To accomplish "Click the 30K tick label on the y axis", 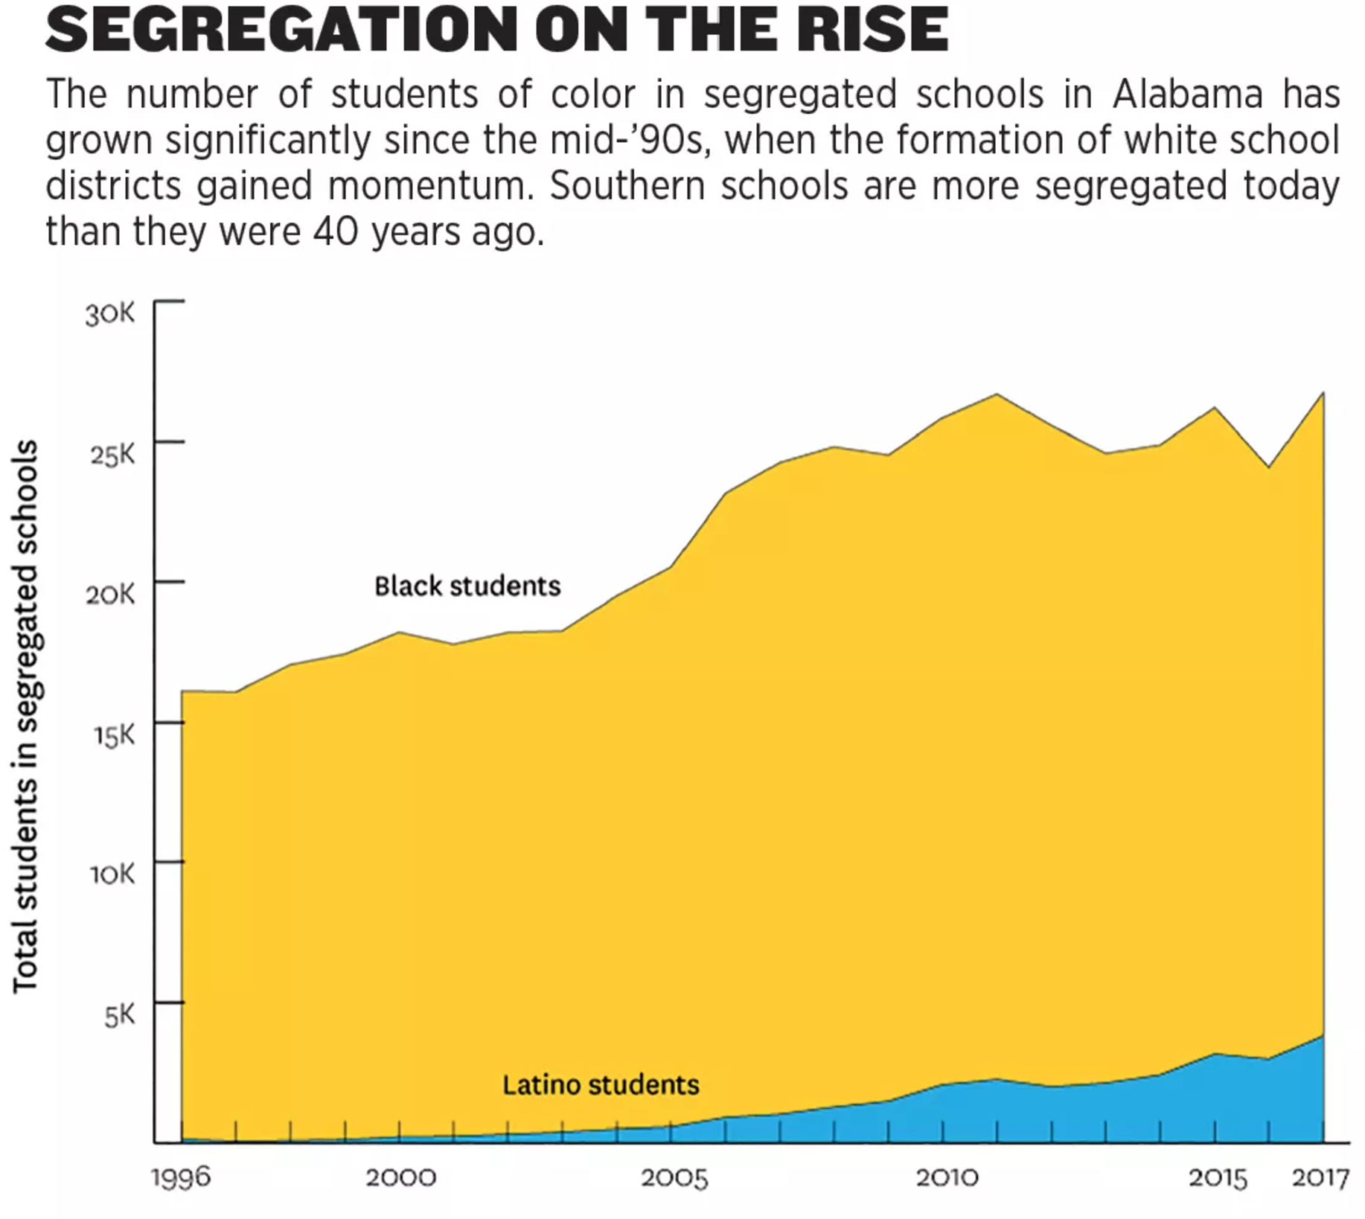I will [x=110, y=314].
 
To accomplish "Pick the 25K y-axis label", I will [x=112, y=454].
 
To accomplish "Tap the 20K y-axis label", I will [x=110, y=594].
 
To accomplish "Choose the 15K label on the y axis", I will [x=114, y=735].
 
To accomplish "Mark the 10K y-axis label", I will [x=112, y=874].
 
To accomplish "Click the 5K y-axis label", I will [x=120, y=1014].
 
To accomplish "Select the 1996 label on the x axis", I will [x=181, y=1178].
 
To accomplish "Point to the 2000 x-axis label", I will [x=400, y=1178].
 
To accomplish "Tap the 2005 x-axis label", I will [x=674, y=1178].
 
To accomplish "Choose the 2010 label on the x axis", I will [x=947, y=1178].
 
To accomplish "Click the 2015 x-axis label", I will [x=1217, y=1178].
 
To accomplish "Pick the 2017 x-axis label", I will [x=1320, y=1178].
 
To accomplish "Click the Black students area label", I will [x=467, y=586].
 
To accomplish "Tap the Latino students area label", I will [x=601, y=1085].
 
